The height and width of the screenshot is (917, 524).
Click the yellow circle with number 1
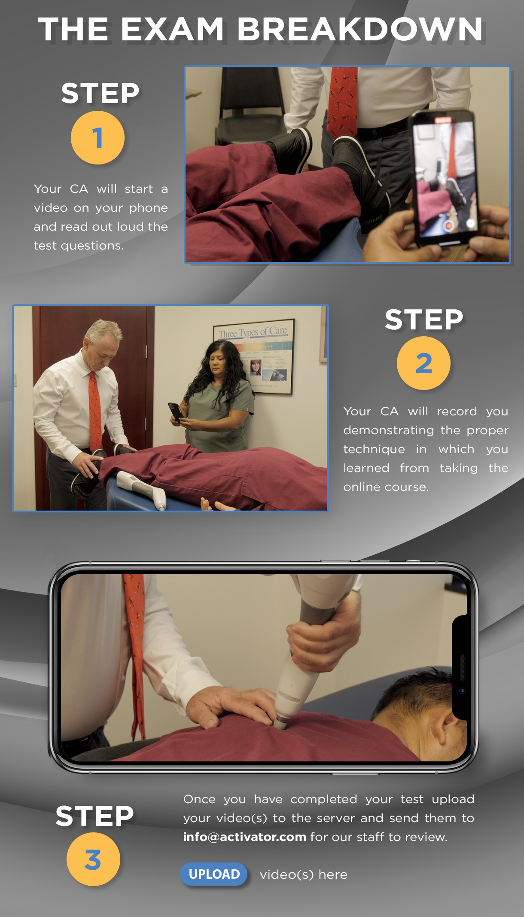(x=97, y=137)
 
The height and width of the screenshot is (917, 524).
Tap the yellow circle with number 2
(x=423, y=363)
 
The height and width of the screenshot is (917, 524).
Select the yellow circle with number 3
(x=93, y=859)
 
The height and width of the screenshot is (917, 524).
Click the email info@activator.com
(x=244, y=837)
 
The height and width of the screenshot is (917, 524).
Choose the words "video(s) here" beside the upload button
(x=303, y=874)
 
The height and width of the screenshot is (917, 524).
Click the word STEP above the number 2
(x=423, y=320)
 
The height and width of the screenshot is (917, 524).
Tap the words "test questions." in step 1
(x=79, y=246)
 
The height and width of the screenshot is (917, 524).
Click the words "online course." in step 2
(x=386, y=487)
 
